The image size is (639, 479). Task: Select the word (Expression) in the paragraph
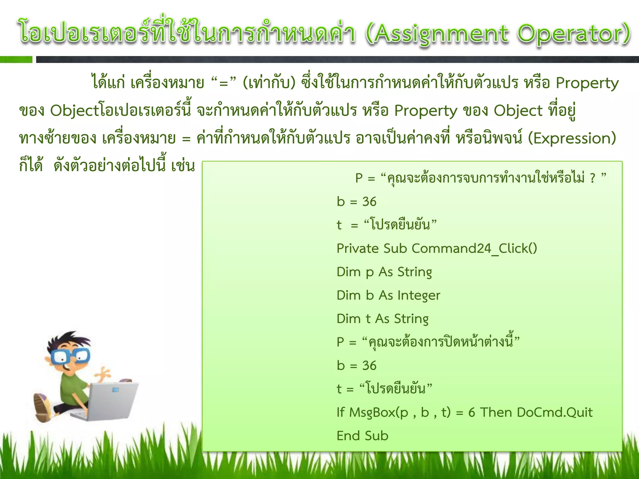[x=572, y=138]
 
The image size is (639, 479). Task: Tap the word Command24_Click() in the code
[x=474, y=249]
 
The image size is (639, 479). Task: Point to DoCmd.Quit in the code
[x=554, y=412]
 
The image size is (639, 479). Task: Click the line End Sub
[x=362, y=436]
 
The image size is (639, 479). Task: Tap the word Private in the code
[x=357, y=249]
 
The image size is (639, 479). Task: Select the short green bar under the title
[x=16, y=60]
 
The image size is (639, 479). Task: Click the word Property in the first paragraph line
[x=587, y=83]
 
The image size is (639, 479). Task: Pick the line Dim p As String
[x=384, y=272]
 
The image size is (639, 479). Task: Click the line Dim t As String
[x=383, y=319]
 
